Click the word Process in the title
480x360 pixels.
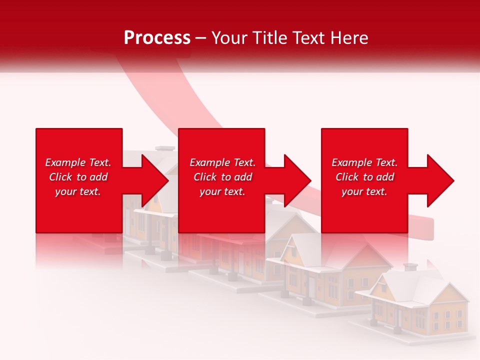pos(157,38)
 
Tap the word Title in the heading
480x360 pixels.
pos(269,38)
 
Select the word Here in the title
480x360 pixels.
pos(348,38)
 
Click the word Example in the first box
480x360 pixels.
pos(65,162)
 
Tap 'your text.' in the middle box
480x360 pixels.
pos(222,191)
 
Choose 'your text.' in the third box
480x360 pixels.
pos(364,191)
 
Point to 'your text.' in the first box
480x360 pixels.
pos(78,191)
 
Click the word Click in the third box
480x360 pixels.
pos(347,177)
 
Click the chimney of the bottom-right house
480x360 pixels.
pos(410,267)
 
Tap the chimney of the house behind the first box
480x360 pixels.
pos(164,148)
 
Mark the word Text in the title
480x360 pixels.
pos(309,38)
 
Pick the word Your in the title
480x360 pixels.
pos(228,38)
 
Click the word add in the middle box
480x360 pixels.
pos(243,177)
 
